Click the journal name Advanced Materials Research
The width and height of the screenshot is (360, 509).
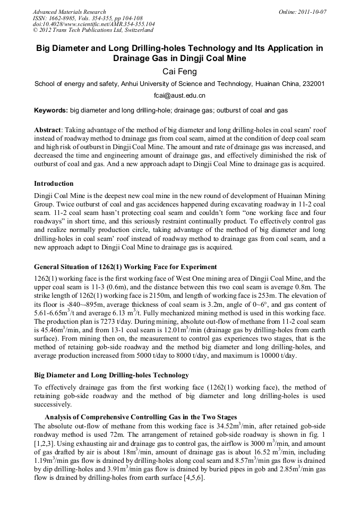tap(69, 12)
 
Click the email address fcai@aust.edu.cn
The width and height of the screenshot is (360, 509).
tap(179, 96)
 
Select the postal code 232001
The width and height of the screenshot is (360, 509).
tap(313, 84)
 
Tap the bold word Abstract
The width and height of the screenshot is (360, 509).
tap(47, 130)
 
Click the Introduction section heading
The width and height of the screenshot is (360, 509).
tap(54, 184)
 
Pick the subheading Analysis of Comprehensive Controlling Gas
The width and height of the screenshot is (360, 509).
tap(140, 417)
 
